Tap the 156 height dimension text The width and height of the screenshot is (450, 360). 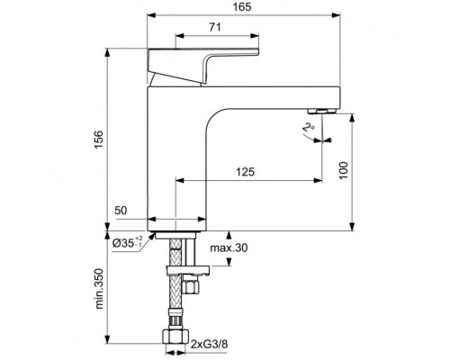pyautogui.click(x=100, y=135)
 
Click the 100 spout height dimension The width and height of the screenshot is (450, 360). pyautogui.click(x=342, y=171)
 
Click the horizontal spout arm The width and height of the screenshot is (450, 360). pyautogui.click(x=270, y=94)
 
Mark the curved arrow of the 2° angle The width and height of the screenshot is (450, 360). pyautogui.click(x=317, y=136)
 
